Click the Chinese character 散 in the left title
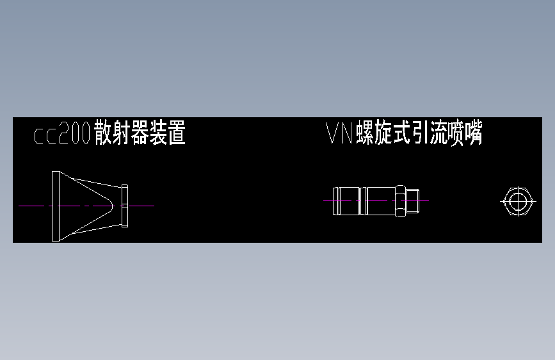click(102, 134)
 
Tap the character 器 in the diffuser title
click(140, 134)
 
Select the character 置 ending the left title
click(177, 134)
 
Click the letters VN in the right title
click(340, 134)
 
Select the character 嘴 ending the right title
click(474, 134)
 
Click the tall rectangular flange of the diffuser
click(56, 206)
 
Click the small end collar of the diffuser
click(125, 206)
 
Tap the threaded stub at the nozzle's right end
click(412, 200)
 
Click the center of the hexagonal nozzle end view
click(517, 200)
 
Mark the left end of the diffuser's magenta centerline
click(20, 206)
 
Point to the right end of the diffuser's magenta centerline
click(154, 206)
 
